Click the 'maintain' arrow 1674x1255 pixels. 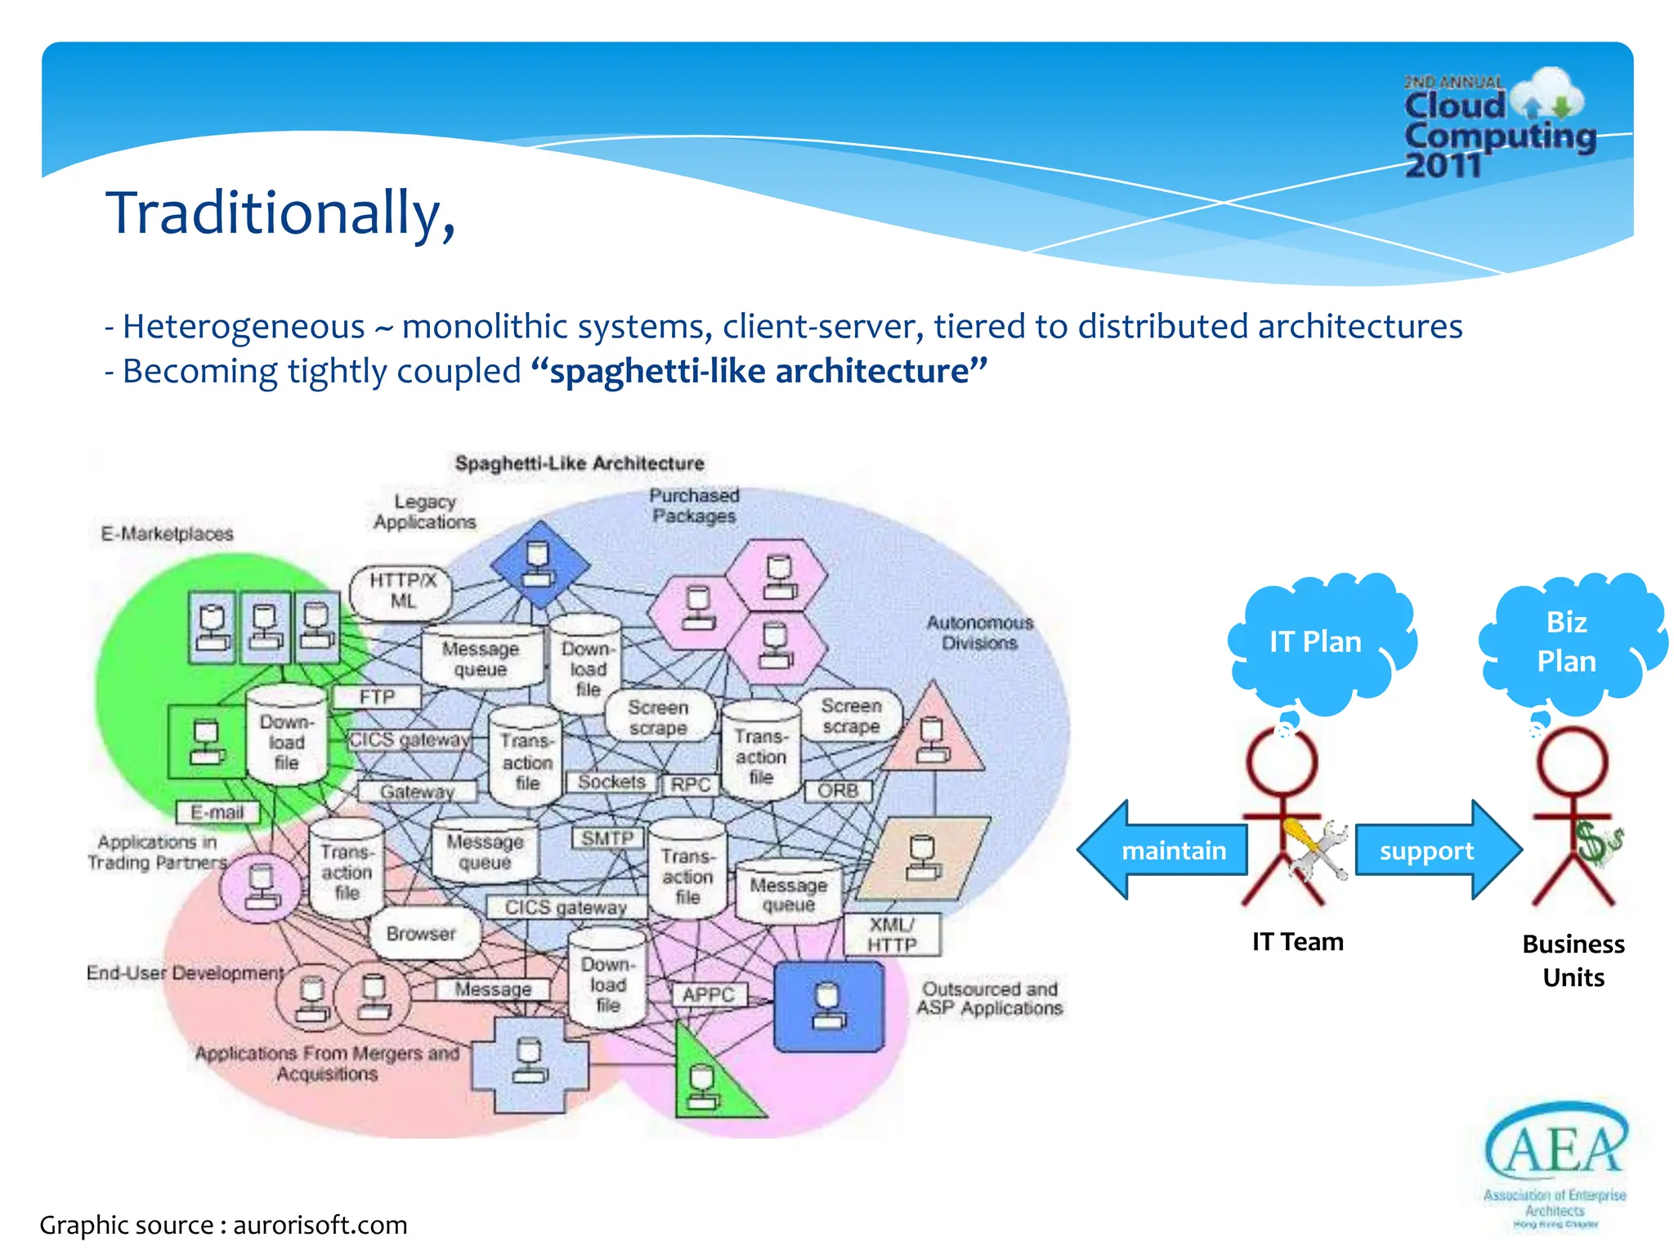[1165, 851]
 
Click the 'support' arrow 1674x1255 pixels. [1435, 851]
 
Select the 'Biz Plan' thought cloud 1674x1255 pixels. [1567, 641]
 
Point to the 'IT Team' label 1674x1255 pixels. [1298, 942]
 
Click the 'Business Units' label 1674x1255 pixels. [1573, 961]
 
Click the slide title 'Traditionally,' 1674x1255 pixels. [280, 213]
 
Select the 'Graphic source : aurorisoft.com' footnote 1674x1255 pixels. [223, 1225]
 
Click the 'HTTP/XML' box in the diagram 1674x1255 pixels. [402, 591]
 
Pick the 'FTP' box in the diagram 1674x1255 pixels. [377, 697]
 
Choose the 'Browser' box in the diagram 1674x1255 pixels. [421, 933]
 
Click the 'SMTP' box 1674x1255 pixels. [607, 838]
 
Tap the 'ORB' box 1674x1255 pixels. [838, 791]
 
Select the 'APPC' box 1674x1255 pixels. [708, 994]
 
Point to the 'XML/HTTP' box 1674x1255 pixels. [892, 935]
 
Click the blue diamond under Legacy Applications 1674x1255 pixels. [539, 565]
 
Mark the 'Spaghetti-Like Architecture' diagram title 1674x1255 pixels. [580, 463]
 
